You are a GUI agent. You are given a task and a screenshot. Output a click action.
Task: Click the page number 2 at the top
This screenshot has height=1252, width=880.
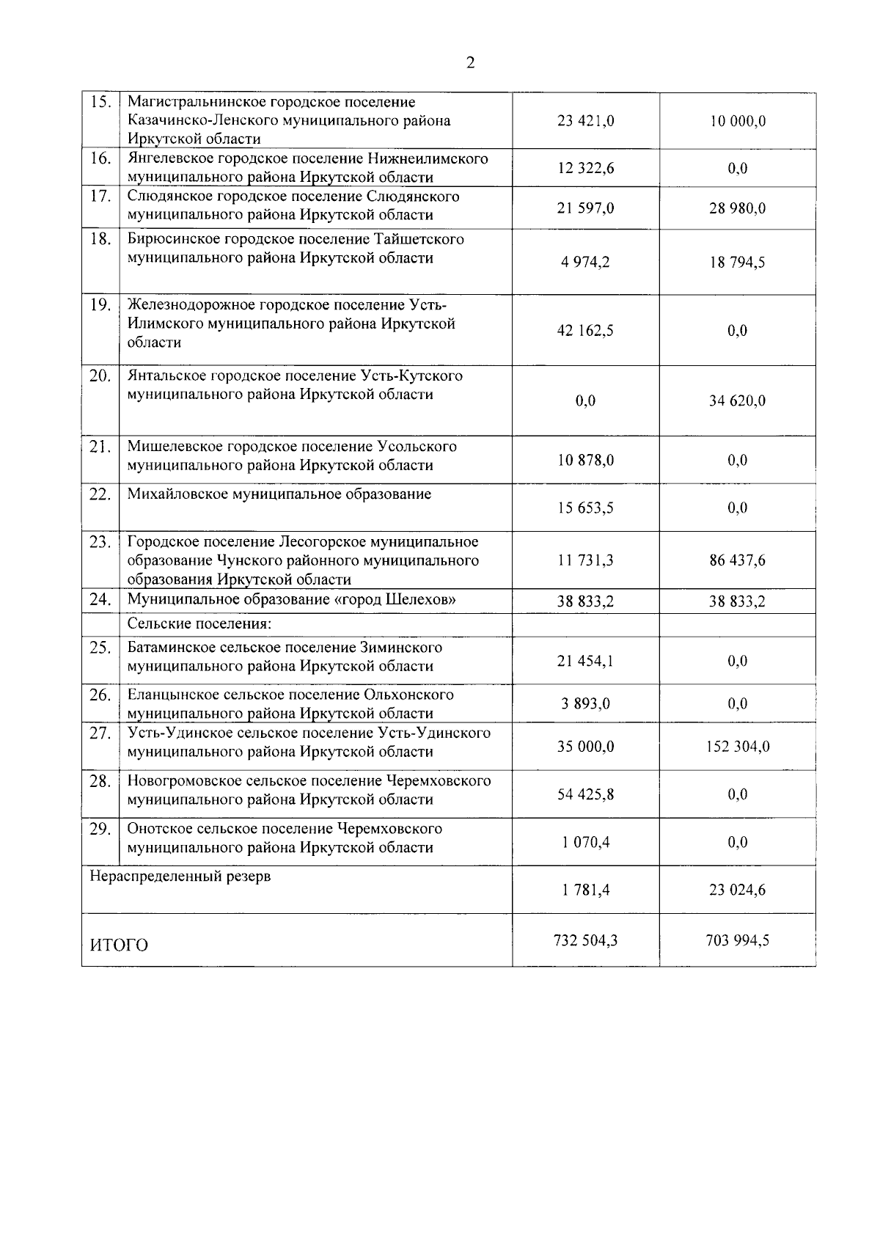pyautogui.click(x=470, y=63)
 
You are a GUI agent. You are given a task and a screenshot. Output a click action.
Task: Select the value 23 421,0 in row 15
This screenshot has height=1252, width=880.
pyautogui.click(x=585, y=121)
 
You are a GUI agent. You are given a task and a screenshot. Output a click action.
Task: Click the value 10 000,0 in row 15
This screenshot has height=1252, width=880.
pyautogui.click(x=737, y=121)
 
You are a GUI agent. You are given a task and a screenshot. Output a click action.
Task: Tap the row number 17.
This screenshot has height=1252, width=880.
pyautogui.click(x=100, y=197)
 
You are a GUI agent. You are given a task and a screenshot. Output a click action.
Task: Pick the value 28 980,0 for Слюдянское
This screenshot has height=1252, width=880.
pyautogui.click(x=737, y=208)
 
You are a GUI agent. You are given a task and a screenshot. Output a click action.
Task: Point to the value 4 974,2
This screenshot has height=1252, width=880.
pyautogui.click(x=585, y=263)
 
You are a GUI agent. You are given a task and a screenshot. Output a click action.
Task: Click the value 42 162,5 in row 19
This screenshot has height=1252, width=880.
pyautogui.click(x=585, y=331)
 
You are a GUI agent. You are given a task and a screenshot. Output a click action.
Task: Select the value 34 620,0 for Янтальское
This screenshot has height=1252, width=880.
pyautogui.click(x=737, y=401)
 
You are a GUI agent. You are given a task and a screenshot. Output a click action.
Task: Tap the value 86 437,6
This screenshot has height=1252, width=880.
pyautogui.click(x=737, y=560)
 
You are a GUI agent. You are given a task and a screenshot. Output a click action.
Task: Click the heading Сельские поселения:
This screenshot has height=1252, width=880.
pyautogui.click(x=199, y=624)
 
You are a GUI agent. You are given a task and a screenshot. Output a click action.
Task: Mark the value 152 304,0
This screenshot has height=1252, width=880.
pyautogui.click(x=737, y=747)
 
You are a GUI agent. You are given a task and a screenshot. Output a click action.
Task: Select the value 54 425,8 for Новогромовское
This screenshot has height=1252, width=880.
pyautogui.click(x=585, y=794)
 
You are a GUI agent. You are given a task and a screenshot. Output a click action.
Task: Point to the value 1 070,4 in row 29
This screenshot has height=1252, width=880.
pyautogui.click(x=585, y=842)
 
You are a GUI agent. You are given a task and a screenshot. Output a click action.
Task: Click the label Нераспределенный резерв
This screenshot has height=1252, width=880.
pyautogui.click(x=180, y=876)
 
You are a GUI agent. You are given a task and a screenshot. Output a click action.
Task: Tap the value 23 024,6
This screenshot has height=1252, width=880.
pyautogui.click(x=737, y=890)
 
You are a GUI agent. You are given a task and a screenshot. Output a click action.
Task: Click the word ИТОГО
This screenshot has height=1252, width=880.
pyautogui.click(x=119, y=945)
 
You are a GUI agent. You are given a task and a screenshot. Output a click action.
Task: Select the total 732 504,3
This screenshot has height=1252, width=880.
pyautogui.click(x=585, y=940)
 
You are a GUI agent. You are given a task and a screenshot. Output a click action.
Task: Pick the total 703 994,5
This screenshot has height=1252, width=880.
pyautogui.click(x=737, y=940)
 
